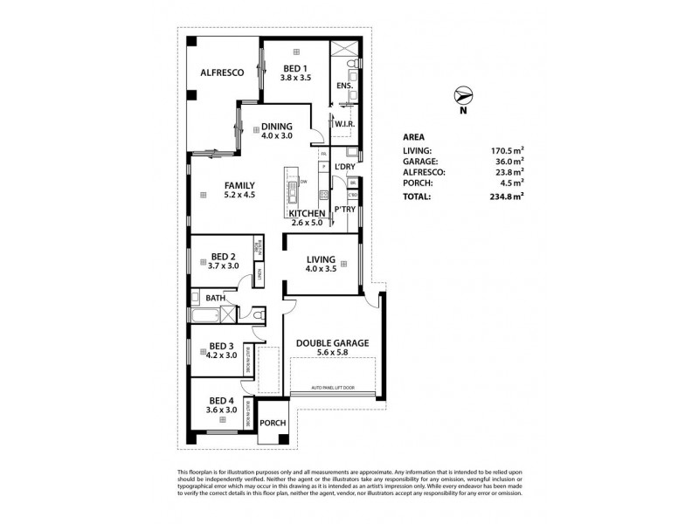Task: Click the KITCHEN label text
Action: (308, 213)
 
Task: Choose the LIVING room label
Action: (322, 259)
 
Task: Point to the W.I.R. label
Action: (343, 124)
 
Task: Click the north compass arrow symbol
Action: (464, 96)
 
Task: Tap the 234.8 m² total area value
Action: (506, 197)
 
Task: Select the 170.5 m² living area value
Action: (506, 150)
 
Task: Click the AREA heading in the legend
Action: (415, 136)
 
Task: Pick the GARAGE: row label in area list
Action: (421, 161)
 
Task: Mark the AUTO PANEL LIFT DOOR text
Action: (333, 387)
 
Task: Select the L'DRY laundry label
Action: (343, 166)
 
